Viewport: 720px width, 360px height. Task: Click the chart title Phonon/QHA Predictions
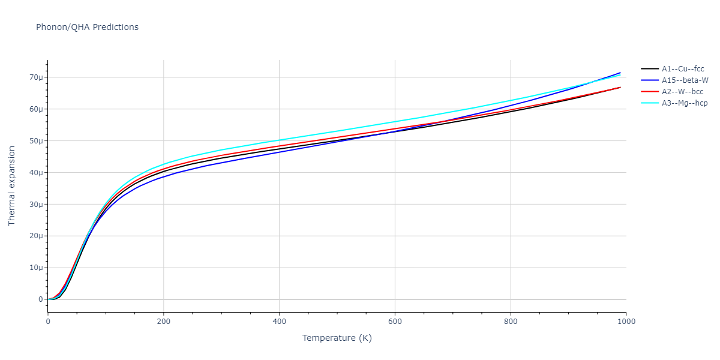[87, 27]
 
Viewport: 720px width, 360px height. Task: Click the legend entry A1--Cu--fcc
[683, 69]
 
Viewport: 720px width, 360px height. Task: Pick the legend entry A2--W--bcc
[683, 92]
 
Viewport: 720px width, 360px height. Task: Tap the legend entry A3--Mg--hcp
[685, 103]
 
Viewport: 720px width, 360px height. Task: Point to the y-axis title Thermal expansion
[12, 186]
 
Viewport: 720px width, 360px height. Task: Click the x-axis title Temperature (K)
[337, 338]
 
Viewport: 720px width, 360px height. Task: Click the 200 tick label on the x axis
[163, 322]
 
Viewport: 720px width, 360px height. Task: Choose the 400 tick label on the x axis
[279, 322]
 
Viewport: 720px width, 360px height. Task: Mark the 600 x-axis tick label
[395, 322]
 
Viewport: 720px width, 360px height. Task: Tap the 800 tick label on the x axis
[511, 322]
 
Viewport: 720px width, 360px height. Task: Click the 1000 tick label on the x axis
[626, 322]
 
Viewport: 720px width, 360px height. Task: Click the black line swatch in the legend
[649, 69]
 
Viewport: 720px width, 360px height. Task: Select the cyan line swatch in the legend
[649, 103]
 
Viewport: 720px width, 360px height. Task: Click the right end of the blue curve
[620, 73]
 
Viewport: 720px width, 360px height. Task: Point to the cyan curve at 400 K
[279, 140]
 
